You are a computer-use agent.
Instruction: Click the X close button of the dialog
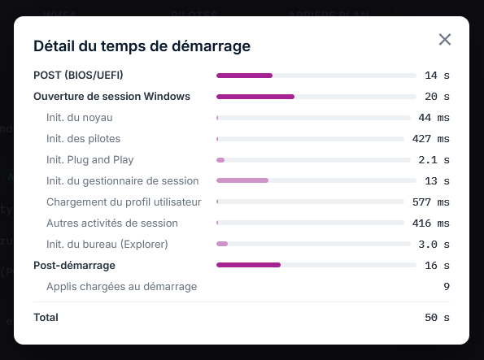tap(445, 40)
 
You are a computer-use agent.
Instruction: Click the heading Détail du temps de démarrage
tap(142, 46)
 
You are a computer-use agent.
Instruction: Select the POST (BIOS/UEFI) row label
tap(78, 76)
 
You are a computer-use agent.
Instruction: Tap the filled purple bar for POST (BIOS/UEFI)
tap(245, 76)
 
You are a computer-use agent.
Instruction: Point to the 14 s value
tap(437, 76)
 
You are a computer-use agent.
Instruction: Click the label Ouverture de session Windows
tap(111, 96)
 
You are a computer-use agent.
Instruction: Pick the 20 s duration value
tap(437, 97)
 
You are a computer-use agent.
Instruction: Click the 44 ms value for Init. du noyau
tap(434, 118)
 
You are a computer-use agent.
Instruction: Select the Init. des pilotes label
tap(83, 139)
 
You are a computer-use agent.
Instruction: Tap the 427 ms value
tap(431, 139)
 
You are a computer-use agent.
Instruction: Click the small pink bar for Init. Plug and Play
tap(220, 160)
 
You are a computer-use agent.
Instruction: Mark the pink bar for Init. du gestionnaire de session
tap(242, 180)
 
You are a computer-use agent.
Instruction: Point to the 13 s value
tap(437, 181)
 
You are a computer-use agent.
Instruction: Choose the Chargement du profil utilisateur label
tap(124, 202)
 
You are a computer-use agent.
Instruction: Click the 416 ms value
tap(431, 223)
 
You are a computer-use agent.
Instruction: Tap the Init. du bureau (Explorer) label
tap(107, 245)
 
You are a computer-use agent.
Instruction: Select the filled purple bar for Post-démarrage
tap(248, 265)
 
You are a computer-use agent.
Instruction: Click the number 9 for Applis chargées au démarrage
tap(447, 287)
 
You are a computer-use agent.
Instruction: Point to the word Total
tap(46, 318)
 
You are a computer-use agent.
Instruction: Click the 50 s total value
tap(437, 318)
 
